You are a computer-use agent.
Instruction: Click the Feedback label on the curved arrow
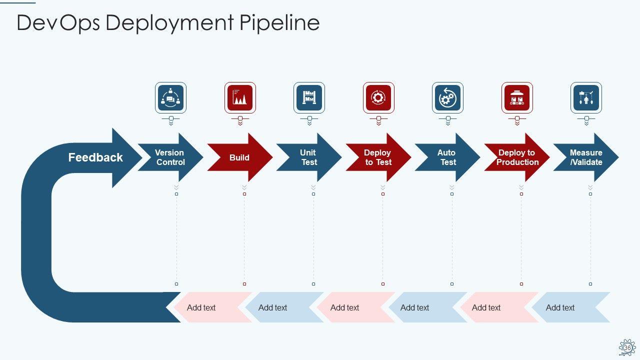95,157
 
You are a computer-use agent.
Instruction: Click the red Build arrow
239,157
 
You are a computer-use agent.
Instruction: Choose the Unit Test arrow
308,157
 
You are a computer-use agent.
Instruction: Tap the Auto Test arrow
447,157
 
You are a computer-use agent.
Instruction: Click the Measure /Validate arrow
586,157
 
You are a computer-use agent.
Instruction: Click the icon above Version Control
171,97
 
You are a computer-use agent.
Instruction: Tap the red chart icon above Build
240,97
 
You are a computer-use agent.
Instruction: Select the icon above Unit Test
309,97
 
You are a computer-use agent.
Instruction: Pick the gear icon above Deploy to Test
378,97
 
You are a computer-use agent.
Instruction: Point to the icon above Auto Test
447,97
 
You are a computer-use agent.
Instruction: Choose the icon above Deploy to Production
517,97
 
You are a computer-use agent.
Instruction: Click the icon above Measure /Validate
586,97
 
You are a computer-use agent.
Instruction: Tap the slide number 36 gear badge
627,347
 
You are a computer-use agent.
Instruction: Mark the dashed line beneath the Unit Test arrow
313,239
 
